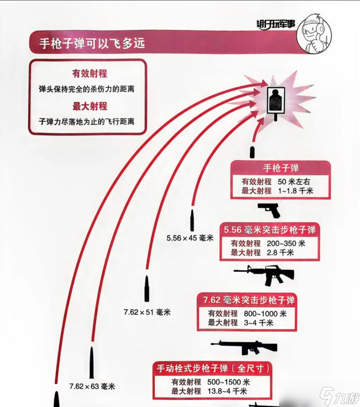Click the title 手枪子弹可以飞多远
92,43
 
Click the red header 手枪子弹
281,169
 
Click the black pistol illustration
269,210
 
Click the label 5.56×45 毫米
189,237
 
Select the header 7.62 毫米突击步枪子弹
249,300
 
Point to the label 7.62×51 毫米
147,312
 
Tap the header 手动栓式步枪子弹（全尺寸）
213,368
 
